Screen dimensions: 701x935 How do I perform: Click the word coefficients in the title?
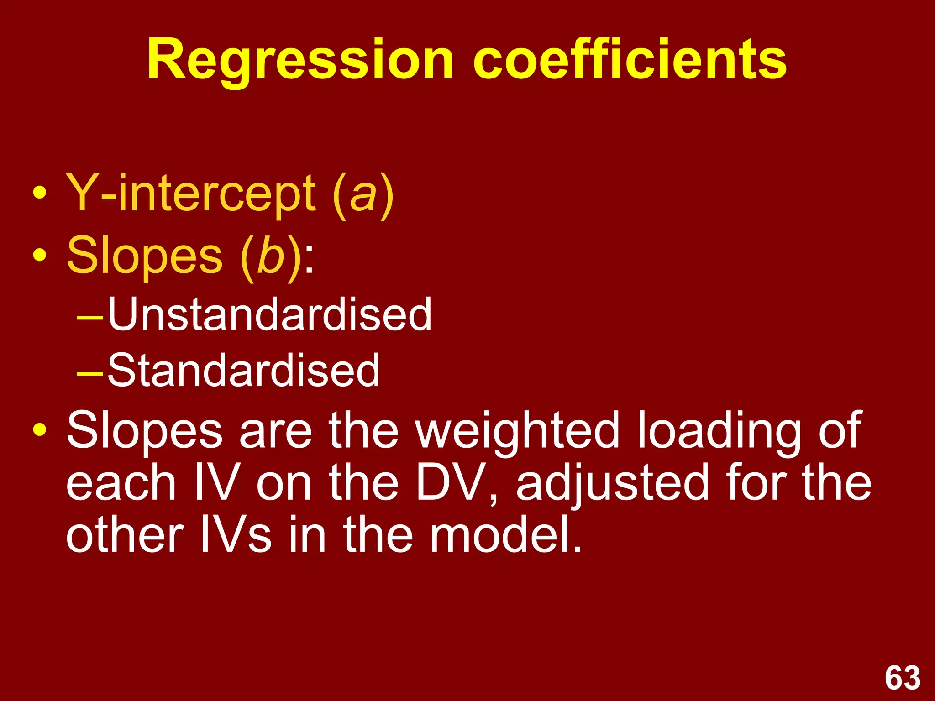(x=630, y=59)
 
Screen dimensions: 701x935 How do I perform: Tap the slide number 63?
(x=903, y=678)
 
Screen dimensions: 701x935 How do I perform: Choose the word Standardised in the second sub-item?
(x=243, y=370)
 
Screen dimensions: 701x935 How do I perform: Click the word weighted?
(x=518, y=431)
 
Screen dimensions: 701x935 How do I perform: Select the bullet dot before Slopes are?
(x=40, y=430)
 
